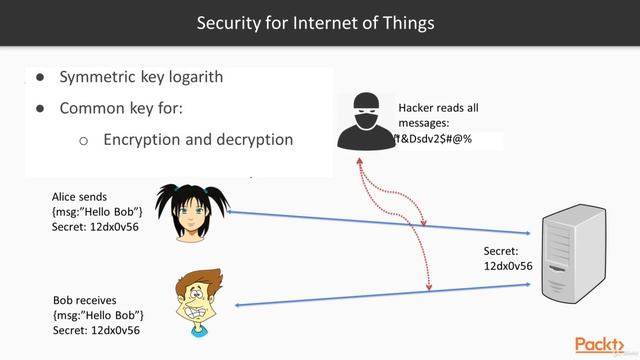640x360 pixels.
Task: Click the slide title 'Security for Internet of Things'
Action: tap(320, 21)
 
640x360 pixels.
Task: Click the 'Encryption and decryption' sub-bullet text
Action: tap(198, 140)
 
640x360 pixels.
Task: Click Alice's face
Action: tap(189, 216)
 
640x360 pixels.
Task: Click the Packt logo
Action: tap(603, 343)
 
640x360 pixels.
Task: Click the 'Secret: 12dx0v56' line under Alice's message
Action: tap(95, 227)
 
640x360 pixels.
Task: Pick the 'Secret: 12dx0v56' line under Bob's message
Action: tap(95, 329)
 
